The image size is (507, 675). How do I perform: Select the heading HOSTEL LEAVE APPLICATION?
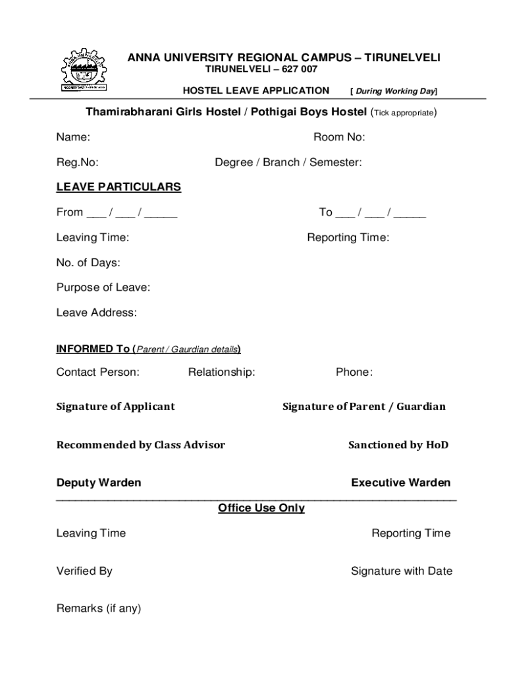click(255, 90)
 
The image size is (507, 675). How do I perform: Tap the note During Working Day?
click(394, 91)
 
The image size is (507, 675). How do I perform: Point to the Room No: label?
click(339, 137)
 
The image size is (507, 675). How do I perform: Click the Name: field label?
click(73, 137)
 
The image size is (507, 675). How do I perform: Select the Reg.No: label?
click(78, 162)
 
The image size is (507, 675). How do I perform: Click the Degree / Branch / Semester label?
click(288, 162)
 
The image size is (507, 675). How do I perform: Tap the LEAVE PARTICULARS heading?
click(119, 187)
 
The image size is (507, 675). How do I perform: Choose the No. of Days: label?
click(88, 263)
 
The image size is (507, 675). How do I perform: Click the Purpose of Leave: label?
click(103, 288)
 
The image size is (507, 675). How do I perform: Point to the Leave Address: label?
click(97, 313)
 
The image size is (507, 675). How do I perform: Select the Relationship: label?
click(221, 372)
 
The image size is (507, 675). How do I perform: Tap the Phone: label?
click(354, 372)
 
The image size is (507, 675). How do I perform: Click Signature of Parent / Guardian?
click(363, 407)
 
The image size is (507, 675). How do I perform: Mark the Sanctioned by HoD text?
click(398, 445)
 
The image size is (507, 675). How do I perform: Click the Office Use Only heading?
click(261, 508)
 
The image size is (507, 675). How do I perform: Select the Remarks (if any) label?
click(99, 608)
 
